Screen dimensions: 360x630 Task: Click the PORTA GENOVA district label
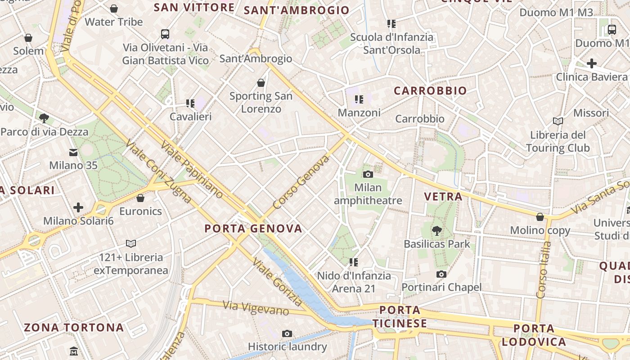point(253,229)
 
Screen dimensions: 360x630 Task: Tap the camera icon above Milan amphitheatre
point(368,174)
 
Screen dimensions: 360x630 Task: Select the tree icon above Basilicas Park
point(436,231)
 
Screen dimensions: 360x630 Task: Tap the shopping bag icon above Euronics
point(140,198)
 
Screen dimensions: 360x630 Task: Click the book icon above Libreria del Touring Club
point(558,121)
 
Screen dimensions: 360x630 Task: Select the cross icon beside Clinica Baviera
point(591,63)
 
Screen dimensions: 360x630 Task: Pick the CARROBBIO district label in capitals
point(430,91)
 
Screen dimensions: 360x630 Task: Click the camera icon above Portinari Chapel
point(441,274)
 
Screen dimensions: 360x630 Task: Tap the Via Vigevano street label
point(256,308)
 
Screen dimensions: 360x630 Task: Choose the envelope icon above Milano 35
point(73,153)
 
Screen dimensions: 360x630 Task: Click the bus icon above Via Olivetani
point(165,34)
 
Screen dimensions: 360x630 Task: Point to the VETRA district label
point(443,197)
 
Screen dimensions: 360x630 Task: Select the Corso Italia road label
point(544,270)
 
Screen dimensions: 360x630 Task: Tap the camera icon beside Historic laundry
point(287,333)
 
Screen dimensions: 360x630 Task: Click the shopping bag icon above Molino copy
point(540,217)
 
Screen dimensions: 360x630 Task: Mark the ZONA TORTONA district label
point(74,328)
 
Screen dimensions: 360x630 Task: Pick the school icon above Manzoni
point(359,99)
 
